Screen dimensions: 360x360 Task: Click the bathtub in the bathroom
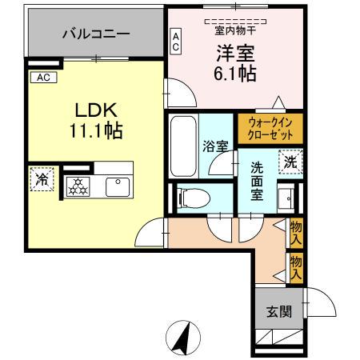click(x=183, y=148)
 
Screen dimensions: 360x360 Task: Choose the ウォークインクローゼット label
click(x=270, y=129)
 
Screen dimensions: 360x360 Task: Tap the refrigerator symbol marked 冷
click(x=39, y=179)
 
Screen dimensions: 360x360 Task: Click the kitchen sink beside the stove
click(x=118, y=186)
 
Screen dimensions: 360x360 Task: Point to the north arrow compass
click(x=182, y=337)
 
